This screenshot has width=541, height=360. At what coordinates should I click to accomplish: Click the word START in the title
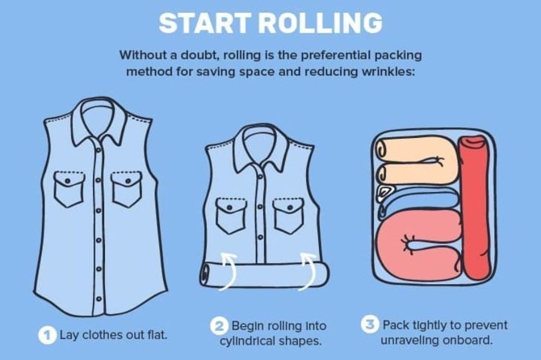(x=205, y=23)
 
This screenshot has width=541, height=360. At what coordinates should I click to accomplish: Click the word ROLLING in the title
(x=321, y=23)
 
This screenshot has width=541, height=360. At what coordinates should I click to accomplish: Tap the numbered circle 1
(x=48, y=335)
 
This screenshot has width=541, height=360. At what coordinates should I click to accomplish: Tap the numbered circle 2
(x=219, y=326)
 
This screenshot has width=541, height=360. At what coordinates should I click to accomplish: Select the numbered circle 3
(x=370, y=324)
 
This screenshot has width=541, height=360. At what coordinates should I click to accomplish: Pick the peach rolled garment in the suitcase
(x=417, y=161)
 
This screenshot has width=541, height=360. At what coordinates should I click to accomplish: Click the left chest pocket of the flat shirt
(x=69, y=189)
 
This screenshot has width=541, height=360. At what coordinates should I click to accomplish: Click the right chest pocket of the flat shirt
(x=127, y=189)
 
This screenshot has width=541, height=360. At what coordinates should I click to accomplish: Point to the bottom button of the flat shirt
(x=99, y=299)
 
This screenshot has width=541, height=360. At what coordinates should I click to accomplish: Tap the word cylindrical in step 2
(x=247, y=341)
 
